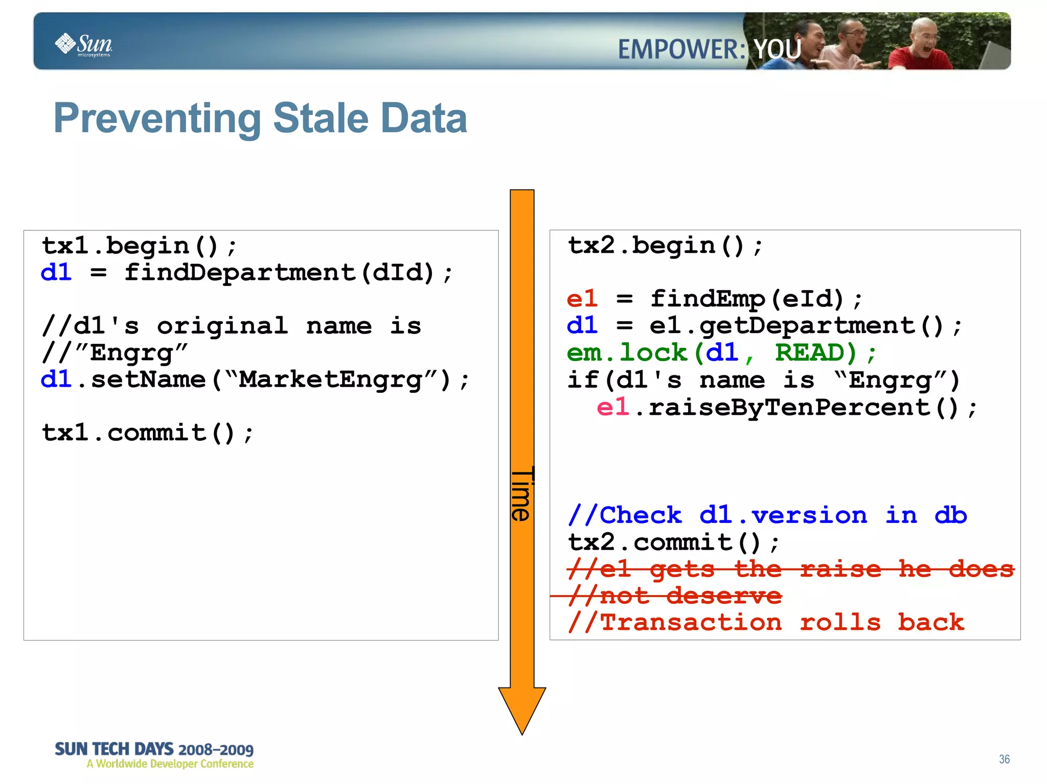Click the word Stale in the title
click(321, 118)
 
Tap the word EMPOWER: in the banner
click(681, 50)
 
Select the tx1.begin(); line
click(139, 246)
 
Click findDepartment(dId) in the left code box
click(280, 273)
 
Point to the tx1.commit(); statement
click(147, 433)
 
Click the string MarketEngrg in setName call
click(330, 380)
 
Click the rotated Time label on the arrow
click(522, 494)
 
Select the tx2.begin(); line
click(665, 246)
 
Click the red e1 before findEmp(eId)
click(582, 299)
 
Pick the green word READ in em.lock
click(815, 353)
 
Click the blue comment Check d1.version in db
click(767, 515)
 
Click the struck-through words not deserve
click(691, 596)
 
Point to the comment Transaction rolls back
click(766, 623)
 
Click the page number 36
click(1004, 759)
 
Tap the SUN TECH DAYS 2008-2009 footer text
click(154, 749)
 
